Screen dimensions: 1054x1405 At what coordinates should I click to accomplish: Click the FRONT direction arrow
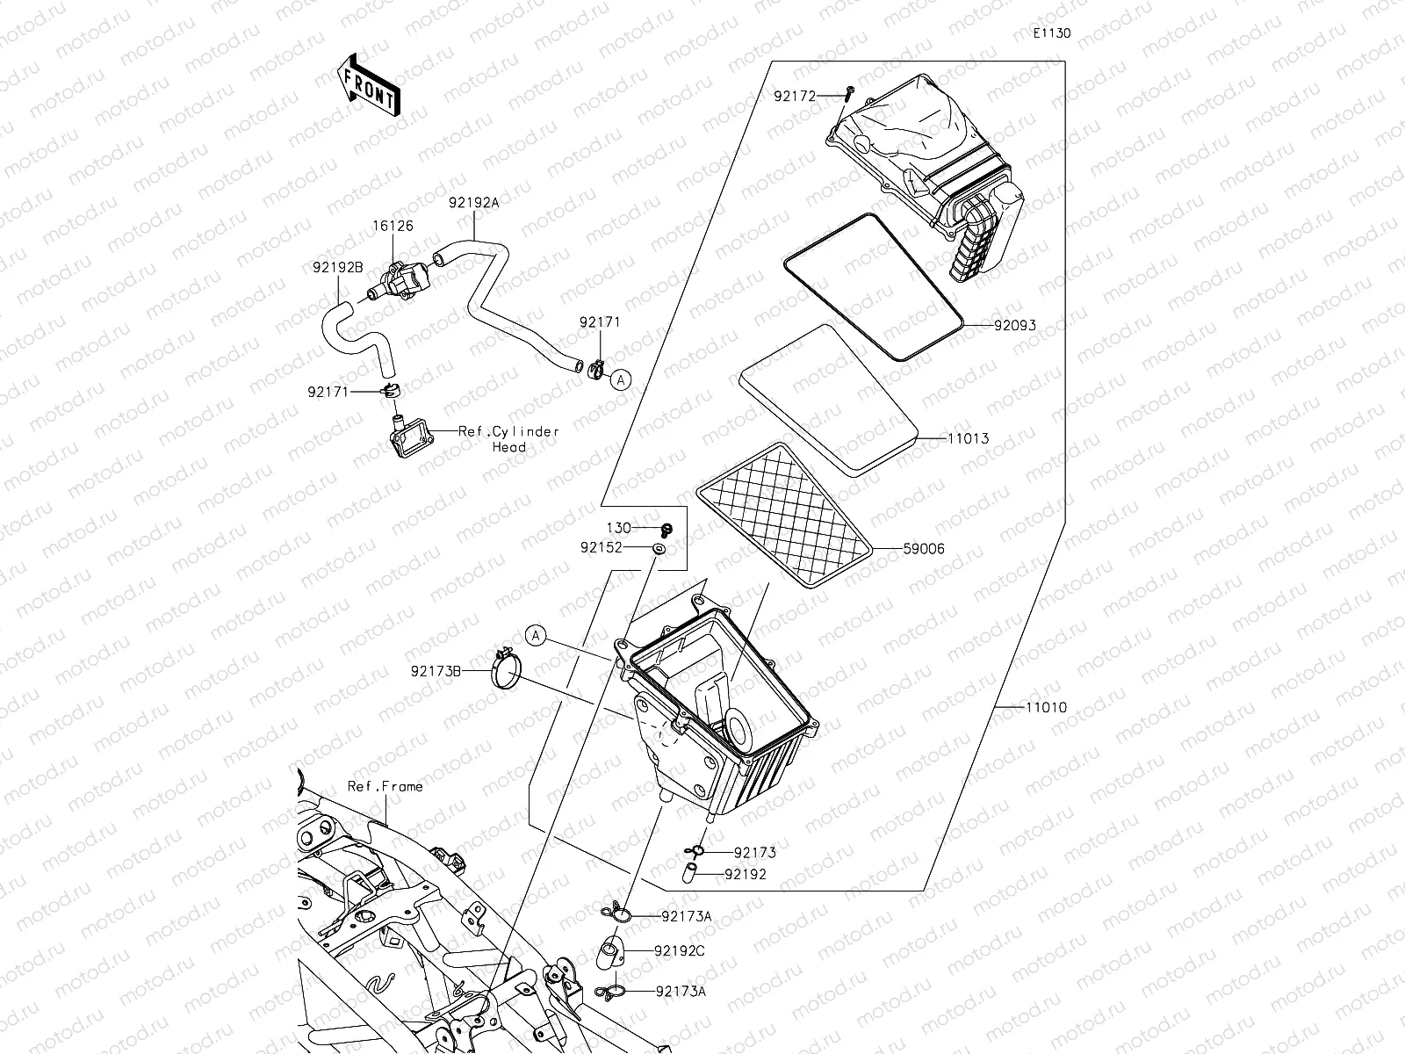pyautogui.click(x=368, y=85)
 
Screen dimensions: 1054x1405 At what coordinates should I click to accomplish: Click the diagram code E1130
pyautogui.click(x=1051, y=34)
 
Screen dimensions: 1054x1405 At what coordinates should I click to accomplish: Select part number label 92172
pyautogui.click(x=795, y=96)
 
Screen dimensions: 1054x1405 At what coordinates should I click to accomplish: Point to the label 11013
pyautogui.click(x=968, y=438)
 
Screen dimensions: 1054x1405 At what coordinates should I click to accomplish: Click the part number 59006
pyautogui.click(x=924, y=549)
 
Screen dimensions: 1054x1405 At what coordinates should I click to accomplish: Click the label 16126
pyautogui.click(x=393, y=226)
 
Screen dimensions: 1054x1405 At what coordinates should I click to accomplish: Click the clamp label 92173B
pyautogui.click(x=436, y=671)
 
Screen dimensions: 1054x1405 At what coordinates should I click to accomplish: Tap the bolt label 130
pyautogui.click(x=619, y=528)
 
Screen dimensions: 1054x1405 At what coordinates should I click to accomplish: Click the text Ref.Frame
pyautogui.click(x=385, y=786)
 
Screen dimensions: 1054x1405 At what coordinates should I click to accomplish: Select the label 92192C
pyautogui.click(x=679, y=950)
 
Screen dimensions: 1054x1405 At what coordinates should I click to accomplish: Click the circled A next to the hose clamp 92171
pyautogui.click(x=621, y=379)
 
